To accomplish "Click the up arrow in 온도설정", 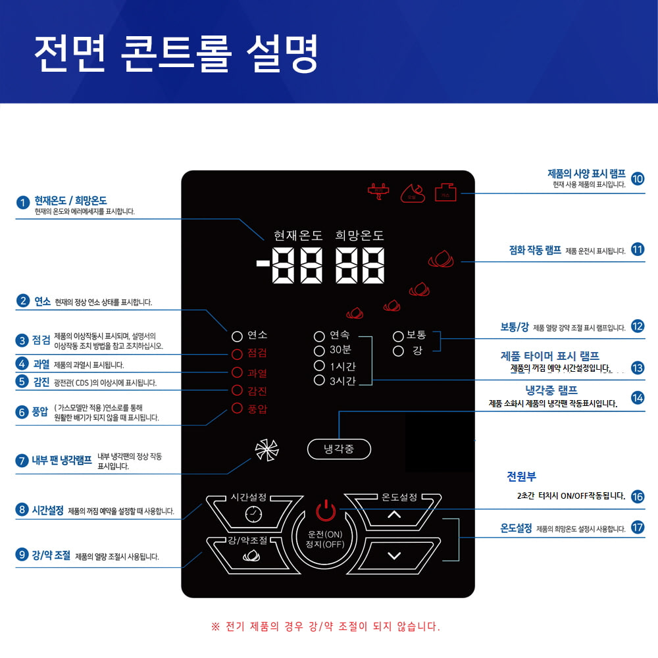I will tap(394, 515).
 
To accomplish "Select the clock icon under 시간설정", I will tap(253, 515).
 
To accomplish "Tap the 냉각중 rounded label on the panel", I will tap(339, 449).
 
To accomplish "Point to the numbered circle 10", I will tap(637, 178).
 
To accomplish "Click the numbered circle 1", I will tap(23, 203).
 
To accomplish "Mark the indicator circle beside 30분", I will tap(320, 351).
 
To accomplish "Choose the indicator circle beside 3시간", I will tap(320, 380).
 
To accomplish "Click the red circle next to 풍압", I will tap(238, 409).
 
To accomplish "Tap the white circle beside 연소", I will tap(238, 336).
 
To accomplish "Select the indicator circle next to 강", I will tap(398, 351).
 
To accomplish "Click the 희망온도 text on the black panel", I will tap(359, 236).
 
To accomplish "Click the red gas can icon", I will tap(445, 191).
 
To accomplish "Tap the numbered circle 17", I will tap(637, 527).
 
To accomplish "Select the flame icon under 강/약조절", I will tap(251, 556).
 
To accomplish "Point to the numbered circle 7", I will tap(22, 461).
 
